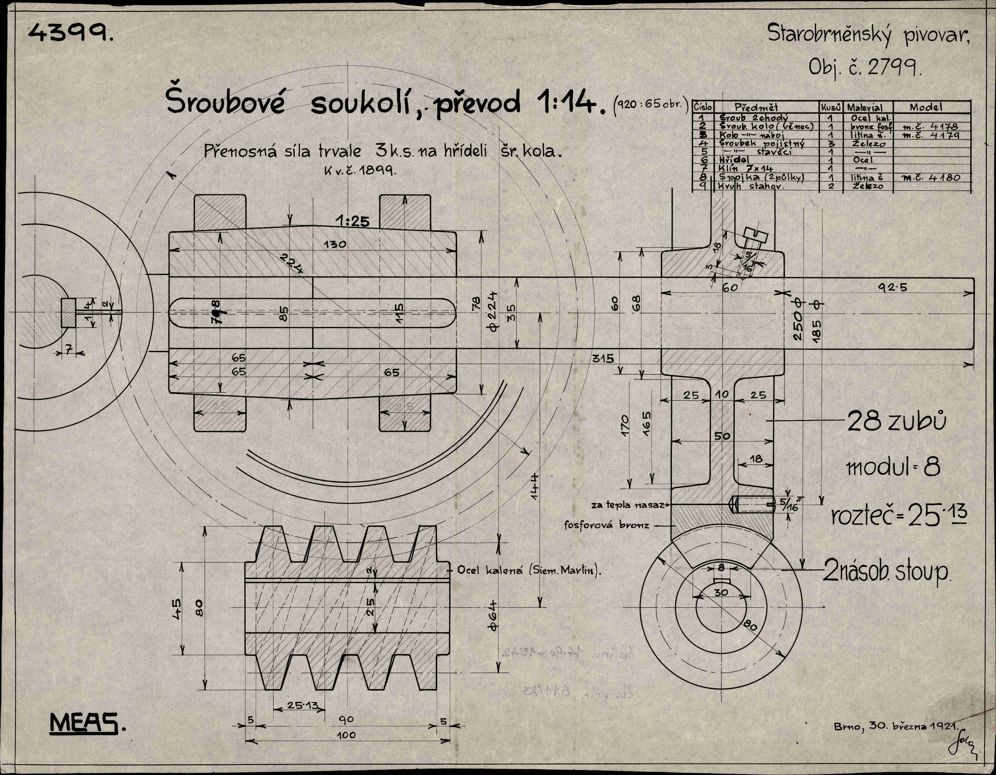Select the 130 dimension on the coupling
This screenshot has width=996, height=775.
tap(335, 244)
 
